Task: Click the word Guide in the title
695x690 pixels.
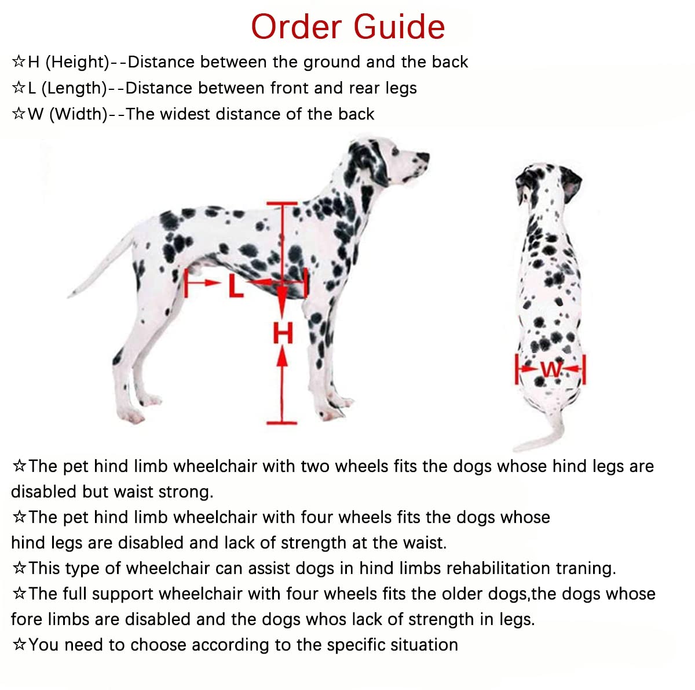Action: [x=399, y=27]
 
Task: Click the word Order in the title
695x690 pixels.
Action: [x=296, y=27]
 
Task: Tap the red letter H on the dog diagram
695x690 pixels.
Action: [x=283, y=333]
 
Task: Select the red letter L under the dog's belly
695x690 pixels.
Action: [x=236, y=285]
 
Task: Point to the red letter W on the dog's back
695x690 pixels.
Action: [x=551, y=369]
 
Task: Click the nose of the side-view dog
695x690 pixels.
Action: [x=424, y=157]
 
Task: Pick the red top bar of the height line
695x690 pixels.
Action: [x=282, y=204]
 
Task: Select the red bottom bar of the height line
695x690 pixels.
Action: [x=281, y=423]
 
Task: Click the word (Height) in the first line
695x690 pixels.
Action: [x=77, y=62]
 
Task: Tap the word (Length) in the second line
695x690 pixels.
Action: [x=75, y=88]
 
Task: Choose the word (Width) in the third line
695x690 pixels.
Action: [x=79, y=114]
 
